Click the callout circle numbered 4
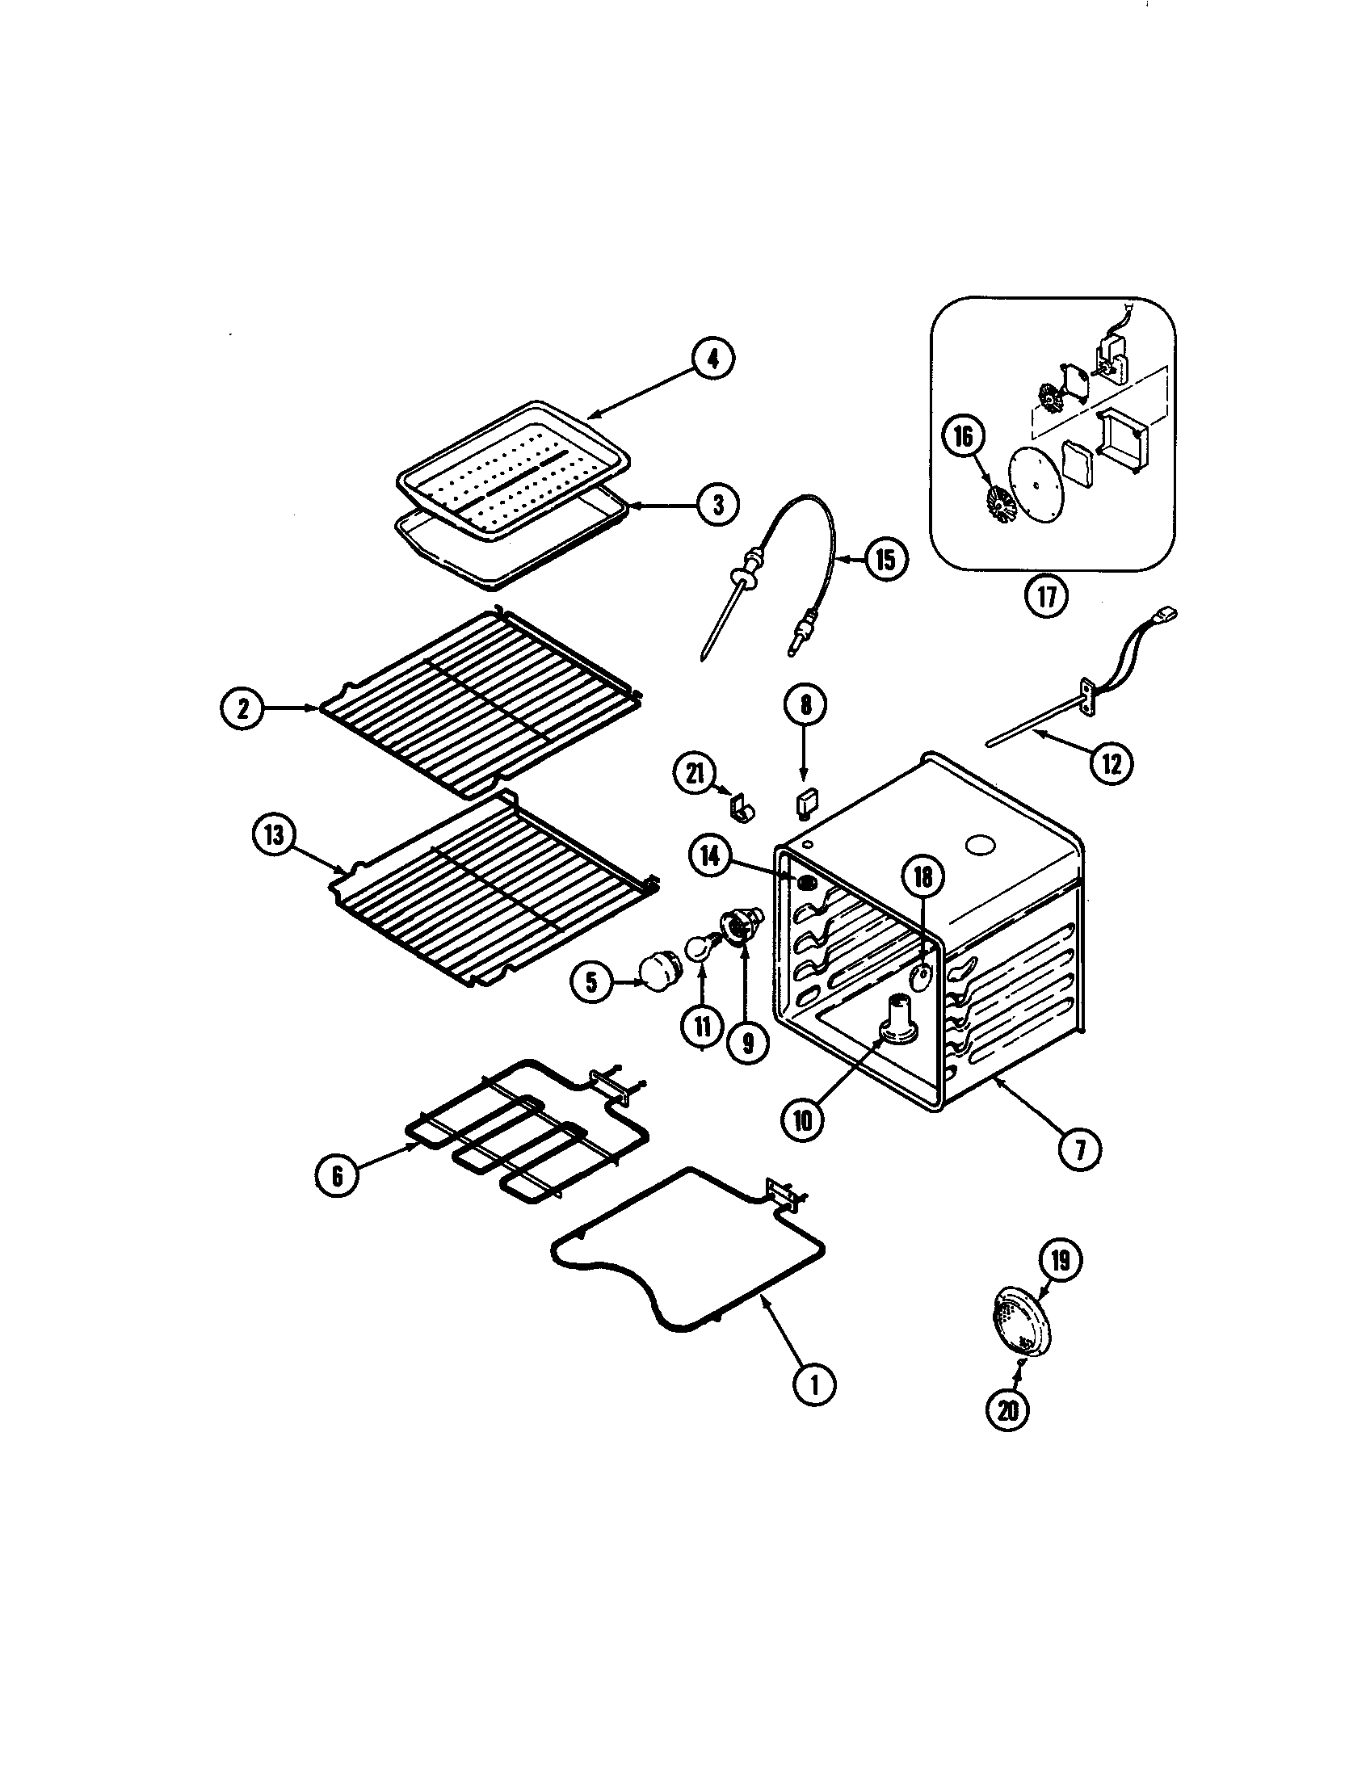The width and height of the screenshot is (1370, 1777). (712, 360)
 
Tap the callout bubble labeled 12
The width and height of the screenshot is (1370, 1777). (1112, 763)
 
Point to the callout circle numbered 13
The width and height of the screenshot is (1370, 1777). (274, 838)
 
